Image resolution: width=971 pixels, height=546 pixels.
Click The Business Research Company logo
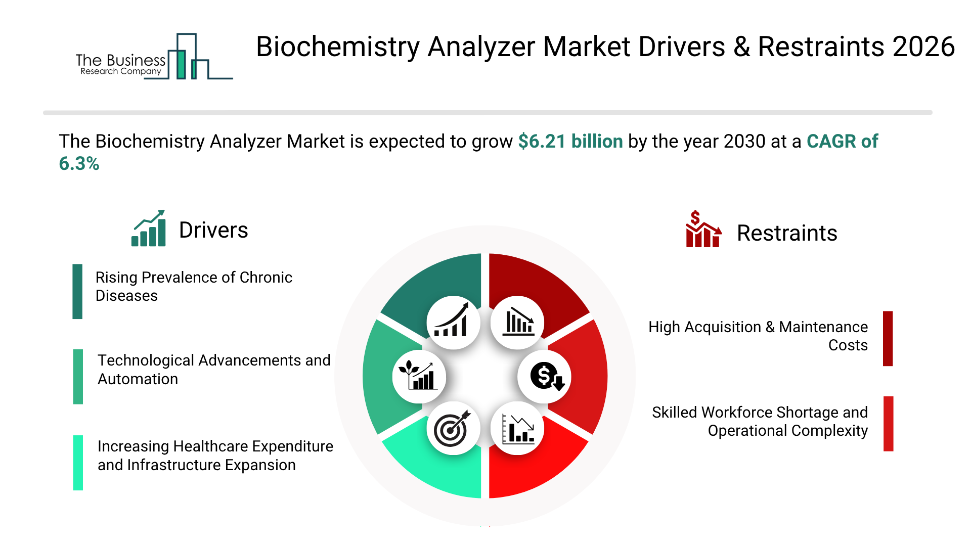pos(154,57)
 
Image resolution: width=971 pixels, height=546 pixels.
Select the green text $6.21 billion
pos(570,142)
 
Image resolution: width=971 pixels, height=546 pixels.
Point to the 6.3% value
pos(79,164)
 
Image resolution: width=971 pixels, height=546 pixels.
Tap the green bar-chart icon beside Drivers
pos(149,228)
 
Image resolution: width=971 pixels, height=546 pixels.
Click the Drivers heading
pos(213,230)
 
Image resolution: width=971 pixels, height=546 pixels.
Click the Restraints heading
pos(787,233)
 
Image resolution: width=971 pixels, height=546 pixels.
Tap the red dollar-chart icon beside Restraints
pos(703,229)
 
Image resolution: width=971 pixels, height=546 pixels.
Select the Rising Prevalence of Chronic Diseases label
pos(194,287)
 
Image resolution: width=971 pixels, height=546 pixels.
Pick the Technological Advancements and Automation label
pos(214,370)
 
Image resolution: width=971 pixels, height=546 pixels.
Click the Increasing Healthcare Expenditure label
pos(215,456)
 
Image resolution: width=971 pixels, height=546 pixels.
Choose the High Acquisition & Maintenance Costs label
pos(758,336)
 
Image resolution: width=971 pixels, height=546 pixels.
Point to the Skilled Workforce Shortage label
pos(760,422)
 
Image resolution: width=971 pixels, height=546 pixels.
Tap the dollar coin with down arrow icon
pos(545,377)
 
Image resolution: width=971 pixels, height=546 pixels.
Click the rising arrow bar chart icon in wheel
pos(452,321)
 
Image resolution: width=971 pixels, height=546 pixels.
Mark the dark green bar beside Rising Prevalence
pos(77,292)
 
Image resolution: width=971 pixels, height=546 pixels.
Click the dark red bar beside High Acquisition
pos(888,338)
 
